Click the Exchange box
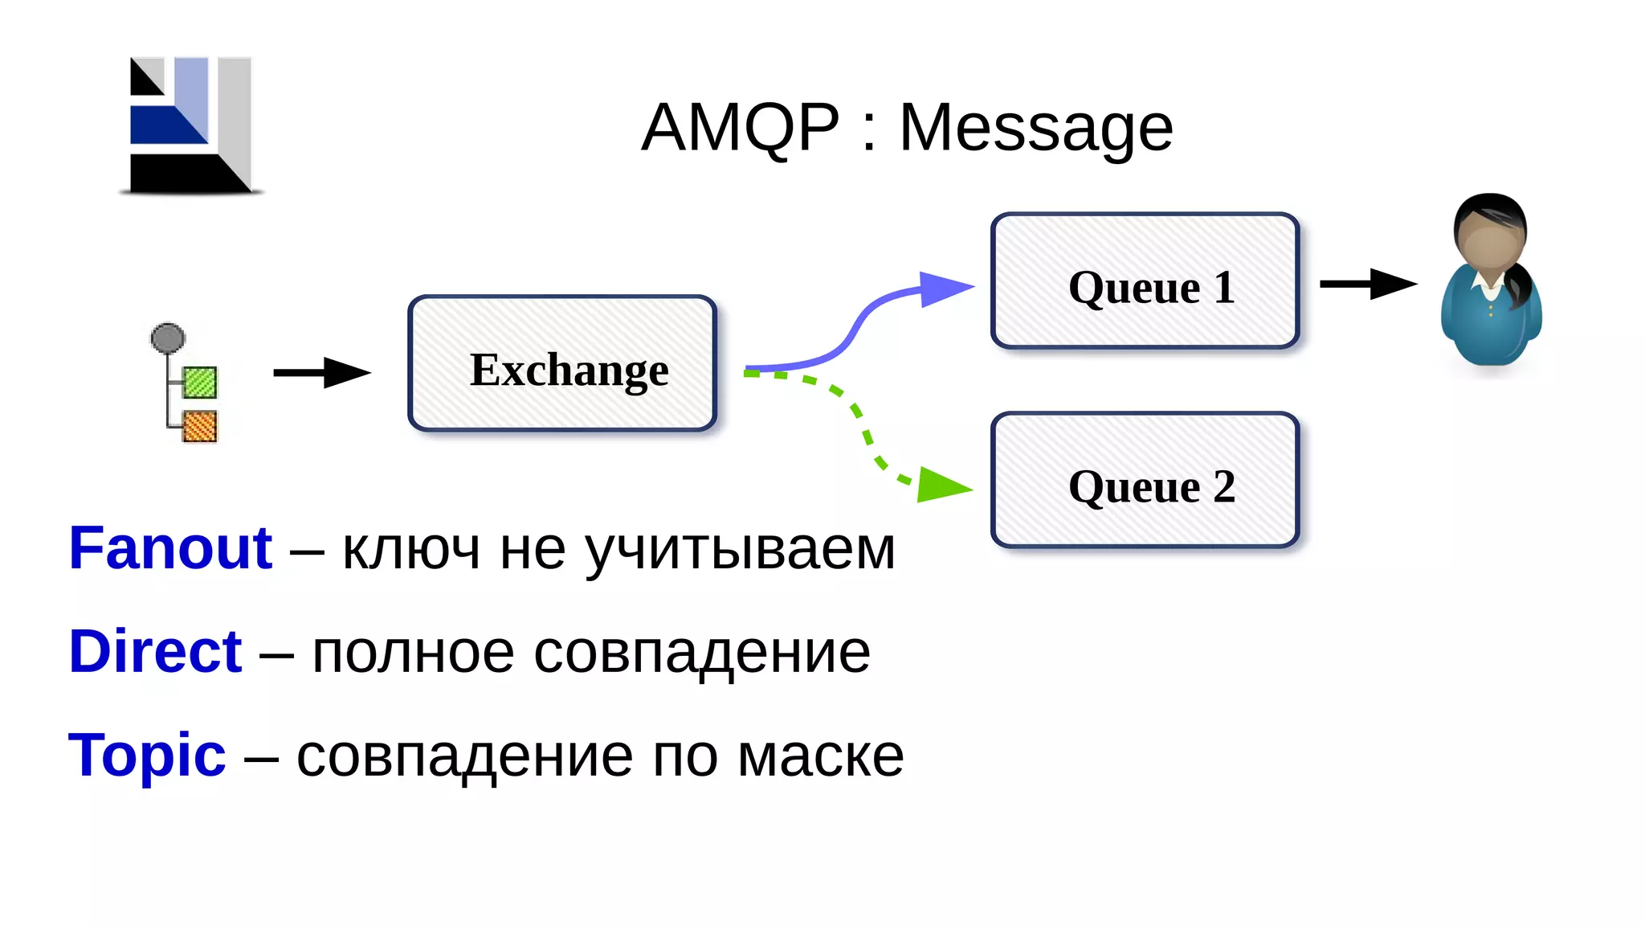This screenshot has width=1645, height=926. [562, 363]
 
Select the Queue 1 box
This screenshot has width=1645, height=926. [1145, 281]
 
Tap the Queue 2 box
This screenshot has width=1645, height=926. [1145, 480]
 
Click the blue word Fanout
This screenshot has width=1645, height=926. [170, 548]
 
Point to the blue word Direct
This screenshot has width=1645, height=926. [155, 651]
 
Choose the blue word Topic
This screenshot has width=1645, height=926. [147, 755]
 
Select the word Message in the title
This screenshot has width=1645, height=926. [1036, 129]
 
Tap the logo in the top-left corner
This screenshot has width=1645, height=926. [191, 125]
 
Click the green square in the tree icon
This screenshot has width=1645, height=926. [199, 382]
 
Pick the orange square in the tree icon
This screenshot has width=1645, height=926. [199, 426]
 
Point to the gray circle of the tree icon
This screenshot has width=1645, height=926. [168, 338]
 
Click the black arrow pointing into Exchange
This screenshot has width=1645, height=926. [321, 372]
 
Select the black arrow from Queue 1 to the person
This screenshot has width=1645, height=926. [1368, 284]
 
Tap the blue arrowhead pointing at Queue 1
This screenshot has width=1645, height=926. [945, 289]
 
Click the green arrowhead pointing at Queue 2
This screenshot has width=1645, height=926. [941, 486]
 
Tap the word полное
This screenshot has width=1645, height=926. [413, 653]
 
